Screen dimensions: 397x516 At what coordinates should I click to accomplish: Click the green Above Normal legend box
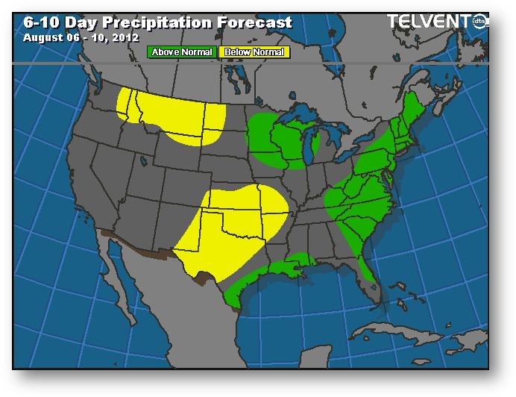[182, 52]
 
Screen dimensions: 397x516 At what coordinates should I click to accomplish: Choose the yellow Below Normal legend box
[254, 52]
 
